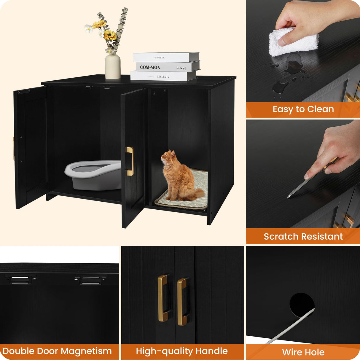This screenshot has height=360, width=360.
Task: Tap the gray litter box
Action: click(x=93, y=175)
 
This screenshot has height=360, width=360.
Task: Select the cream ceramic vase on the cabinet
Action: click(x=113, y=66)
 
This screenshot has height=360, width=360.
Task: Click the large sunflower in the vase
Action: click(x=110, y=36)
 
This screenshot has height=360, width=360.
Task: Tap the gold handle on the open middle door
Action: click(x=130, y=161)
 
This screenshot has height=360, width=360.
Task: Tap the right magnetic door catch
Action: click(x=90, y=280)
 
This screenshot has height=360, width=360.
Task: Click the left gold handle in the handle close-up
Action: click(x=163, y=298)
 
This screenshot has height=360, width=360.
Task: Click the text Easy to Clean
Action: click(x=303, y=109)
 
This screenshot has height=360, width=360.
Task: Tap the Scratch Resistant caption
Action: click(x=303, y=236)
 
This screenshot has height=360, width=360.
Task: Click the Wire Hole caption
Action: click(x=303, y=352)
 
